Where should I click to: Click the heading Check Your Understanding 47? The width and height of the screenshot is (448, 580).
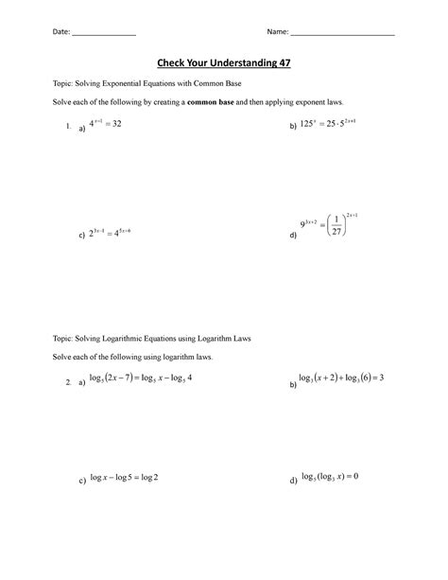[x=224, y=62]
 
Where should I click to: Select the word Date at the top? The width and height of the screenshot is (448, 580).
[x=60, y=32]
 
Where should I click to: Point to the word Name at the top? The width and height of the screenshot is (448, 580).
[x=277, y=32]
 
